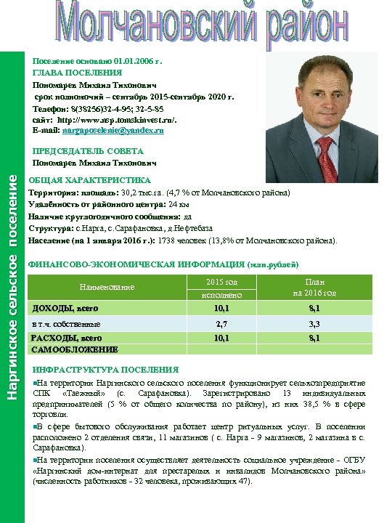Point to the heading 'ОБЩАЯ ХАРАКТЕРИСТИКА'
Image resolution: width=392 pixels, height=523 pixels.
tap(89, 180)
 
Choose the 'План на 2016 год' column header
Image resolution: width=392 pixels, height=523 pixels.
tap(314, 288)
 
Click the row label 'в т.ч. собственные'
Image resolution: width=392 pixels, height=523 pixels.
tap(64, 324)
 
